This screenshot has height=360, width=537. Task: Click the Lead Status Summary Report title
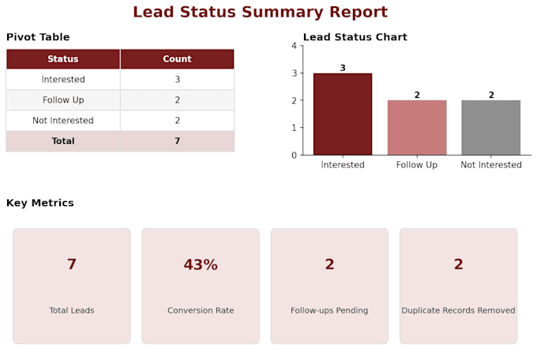(x=261, y=12)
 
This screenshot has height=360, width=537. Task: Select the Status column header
(x=63, y=59)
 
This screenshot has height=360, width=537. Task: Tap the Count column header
(x=177, y=59)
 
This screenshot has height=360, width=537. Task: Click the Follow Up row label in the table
(x=63, y=100)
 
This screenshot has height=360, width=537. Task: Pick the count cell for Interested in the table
(x=177, y=80)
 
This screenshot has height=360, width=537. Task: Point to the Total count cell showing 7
(x=177, y=141)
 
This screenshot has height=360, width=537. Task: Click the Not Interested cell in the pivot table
(x=63, y=121)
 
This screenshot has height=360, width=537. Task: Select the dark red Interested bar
(x=343, y=114)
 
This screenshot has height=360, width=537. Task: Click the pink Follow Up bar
(x=417, y=127)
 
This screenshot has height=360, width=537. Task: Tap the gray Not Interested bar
(x=490, y=127)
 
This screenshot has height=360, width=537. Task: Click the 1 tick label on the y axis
(x=295, y=128)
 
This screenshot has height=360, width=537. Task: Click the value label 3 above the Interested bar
(x=343, y=68)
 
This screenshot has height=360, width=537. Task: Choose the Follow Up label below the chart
(x=417, y=165)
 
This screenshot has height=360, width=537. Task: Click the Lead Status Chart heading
(x=355, y=37)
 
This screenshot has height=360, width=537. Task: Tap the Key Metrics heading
(x=40, y=203)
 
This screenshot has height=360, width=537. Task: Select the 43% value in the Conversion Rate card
(x=201, y=264)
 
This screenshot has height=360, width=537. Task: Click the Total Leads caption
(x=72, y=310)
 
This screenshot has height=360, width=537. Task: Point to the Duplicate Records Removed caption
(x=458, y=310)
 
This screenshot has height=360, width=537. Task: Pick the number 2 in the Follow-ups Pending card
(x=329, y=264)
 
